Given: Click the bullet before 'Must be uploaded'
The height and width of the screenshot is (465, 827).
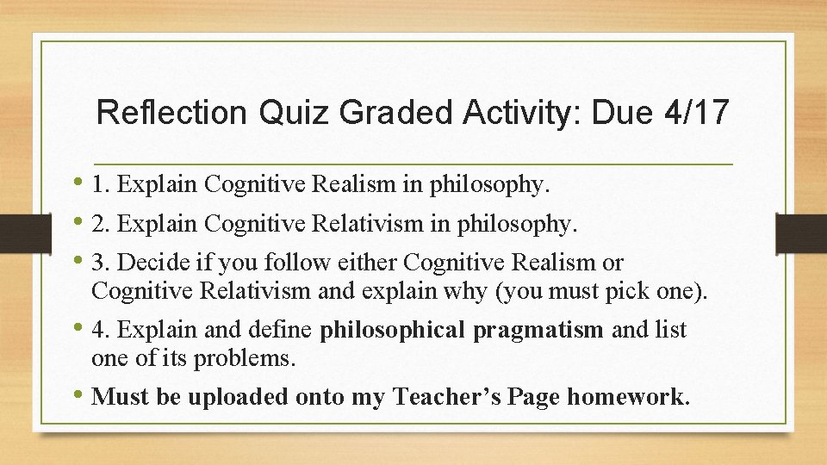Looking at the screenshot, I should click(x=78, y=397).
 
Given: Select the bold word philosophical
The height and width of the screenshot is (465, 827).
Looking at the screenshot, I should click(x=393, y=330).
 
